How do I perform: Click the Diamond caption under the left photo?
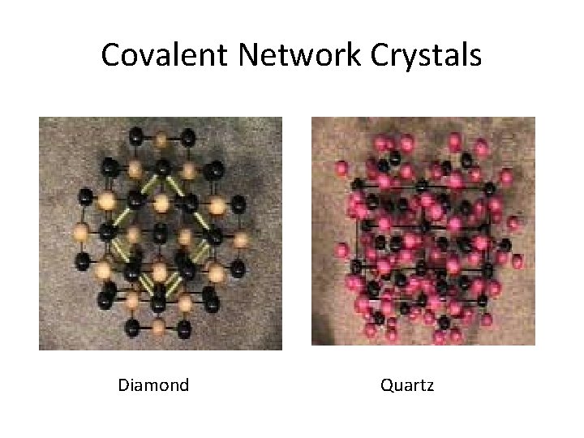(x=153, y=384)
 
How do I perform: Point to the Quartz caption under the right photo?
(x=407, y=384)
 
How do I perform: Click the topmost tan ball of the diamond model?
(x=161, y=140)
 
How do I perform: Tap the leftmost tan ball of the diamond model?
(x=80, y=235)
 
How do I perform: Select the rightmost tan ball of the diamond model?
(x=240, y=238)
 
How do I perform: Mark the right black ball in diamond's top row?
(x=187, y=137)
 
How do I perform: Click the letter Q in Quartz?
(x=386, y=384)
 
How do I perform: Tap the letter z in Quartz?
(x=430, y=385)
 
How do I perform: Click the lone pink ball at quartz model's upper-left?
(x=340, y=170)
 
